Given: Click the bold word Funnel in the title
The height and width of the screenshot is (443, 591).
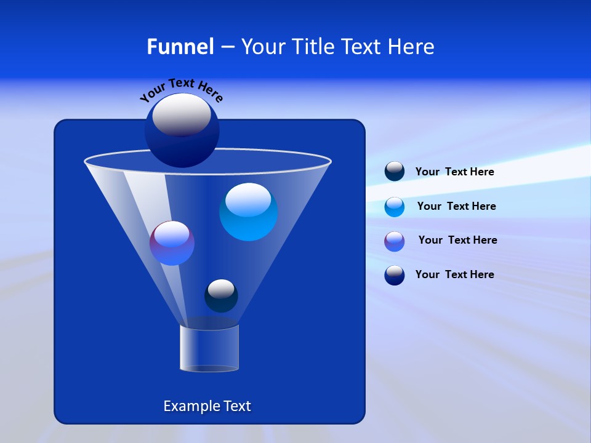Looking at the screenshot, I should pyautogui.click(x=180, y=47).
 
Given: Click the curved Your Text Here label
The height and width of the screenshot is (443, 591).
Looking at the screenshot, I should pyautogui.click(x=182, y=89).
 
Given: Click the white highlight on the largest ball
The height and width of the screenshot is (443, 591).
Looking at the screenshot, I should pyautogui.click(x=182, y=115).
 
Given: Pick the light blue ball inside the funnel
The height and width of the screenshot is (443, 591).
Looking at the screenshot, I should pyautogui.click(x=248, y=212).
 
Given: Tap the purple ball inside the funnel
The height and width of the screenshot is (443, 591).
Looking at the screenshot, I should pyautogui.click(x=172, y=243).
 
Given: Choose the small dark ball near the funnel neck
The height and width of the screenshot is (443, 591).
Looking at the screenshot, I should pyautogui.click(x=221, y=295).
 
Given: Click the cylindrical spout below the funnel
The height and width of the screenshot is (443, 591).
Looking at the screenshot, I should pyautogui.click(x=209, y=348).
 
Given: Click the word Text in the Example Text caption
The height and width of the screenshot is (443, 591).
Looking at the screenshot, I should pyautogui.click(x=237, y=406).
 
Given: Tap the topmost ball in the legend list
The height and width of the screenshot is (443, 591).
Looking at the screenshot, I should pyautogui.click(x=395, y=171).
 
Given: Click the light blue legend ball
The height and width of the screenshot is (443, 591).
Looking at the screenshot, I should pyautogui.click(x=395, y=207).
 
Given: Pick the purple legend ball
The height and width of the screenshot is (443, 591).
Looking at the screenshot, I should pyautogui.click(x=395, y=241).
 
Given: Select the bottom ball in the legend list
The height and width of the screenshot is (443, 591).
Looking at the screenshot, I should pyautogui.click(x=395, y=275).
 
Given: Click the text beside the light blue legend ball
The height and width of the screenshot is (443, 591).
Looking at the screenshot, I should pyautogui.click(x=456, y=206).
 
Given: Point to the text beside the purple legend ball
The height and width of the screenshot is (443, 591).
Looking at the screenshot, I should pyautogui.click(x=457, y=240).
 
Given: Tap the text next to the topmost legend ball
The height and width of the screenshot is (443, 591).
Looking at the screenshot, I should pyautogui.click(x=454, y=172).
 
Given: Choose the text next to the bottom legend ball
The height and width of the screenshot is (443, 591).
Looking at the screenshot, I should pyautogui.click(x=454, y=274).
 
